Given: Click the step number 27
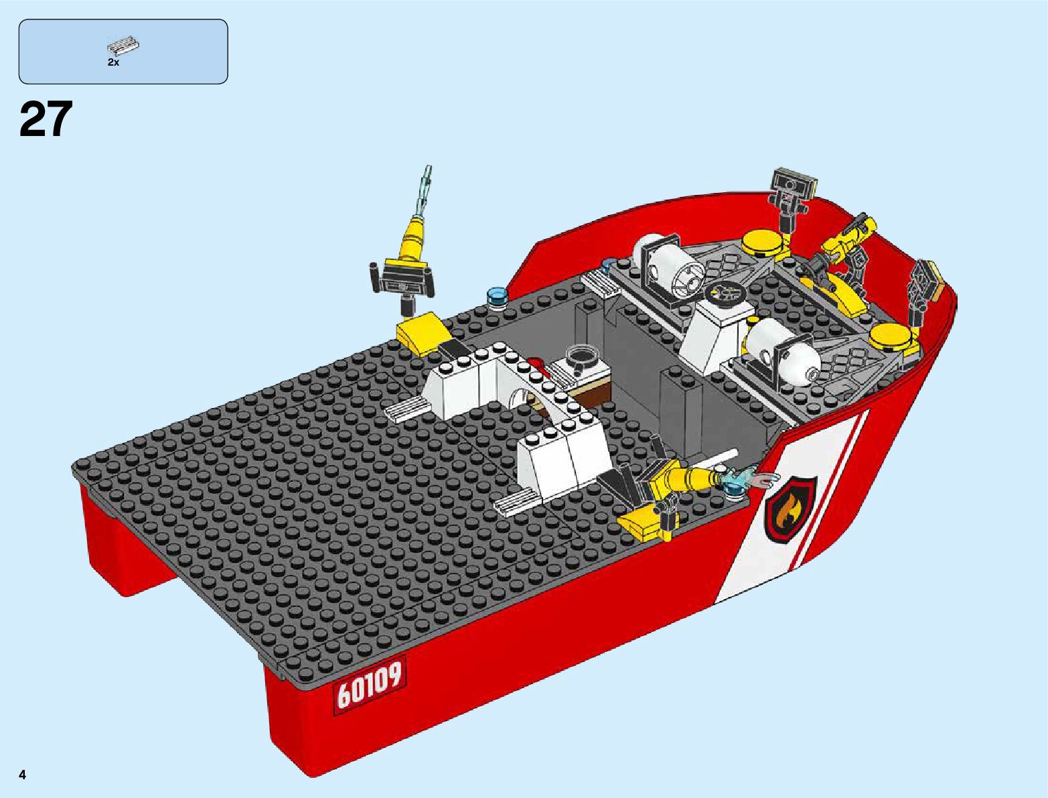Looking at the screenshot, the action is coord(46,119).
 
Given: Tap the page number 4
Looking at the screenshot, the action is coord(23,775).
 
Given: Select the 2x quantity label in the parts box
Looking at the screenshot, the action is coord(113,62).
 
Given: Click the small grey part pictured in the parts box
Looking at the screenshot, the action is coord(123,46).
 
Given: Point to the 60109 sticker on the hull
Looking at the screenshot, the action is coord(370,687).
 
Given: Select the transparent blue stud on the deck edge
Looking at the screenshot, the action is coord(497,297).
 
